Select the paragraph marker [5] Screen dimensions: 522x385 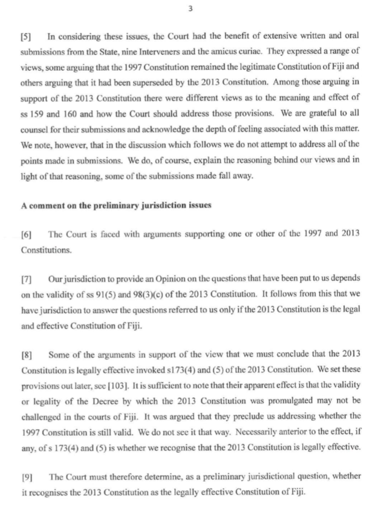click(x=25, y=37)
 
